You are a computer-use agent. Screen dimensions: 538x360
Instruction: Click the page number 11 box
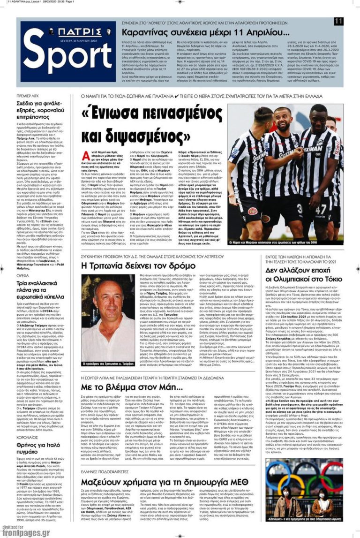[x=339, y=22]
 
